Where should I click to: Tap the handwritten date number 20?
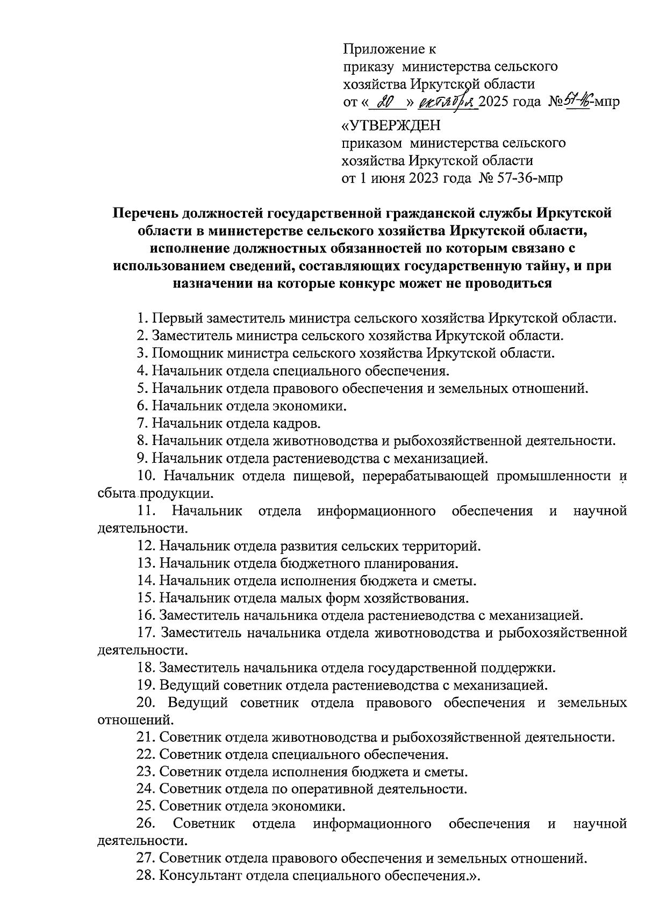(x=383, y=102)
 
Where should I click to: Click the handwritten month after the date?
(x=449, y=102)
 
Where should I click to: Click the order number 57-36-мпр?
(x=531, y=178)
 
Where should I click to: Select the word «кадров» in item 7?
(x=296, y=423)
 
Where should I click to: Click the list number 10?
(x=147, y=476)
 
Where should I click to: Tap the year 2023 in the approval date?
(x=424, y=178)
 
